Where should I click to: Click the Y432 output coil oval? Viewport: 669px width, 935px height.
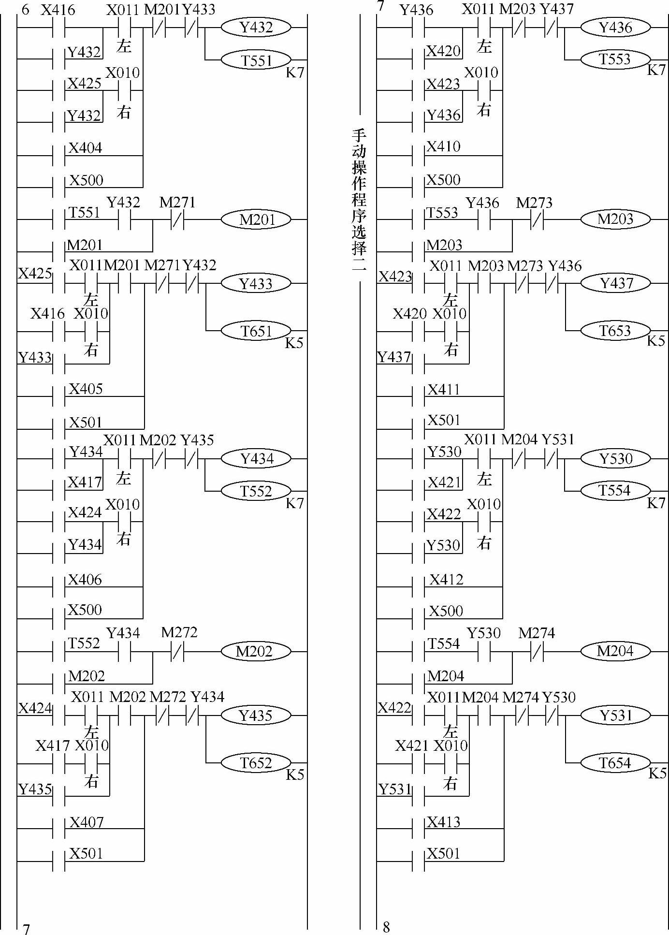click(256, 28)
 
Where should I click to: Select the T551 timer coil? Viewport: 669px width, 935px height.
click(256, 60)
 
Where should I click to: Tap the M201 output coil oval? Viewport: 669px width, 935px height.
click(256, 220)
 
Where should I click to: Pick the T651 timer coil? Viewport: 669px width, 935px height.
click(256, 331)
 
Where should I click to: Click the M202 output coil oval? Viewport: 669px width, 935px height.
click(256, 652)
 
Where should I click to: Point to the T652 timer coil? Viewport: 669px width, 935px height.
click(256, 763)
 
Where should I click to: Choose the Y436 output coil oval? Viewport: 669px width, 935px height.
click(615, 28)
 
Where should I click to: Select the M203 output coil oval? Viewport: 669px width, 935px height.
click(615, 219)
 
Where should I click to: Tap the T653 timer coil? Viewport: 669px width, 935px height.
click(615, 331)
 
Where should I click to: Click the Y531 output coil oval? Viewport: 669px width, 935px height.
click(615, 715)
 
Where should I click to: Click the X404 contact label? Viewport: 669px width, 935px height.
click(85, 148)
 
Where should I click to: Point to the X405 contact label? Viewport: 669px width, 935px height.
click(86, 389)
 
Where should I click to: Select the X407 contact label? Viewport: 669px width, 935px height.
click(87, 822)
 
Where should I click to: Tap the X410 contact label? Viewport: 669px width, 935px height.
click(443, 146)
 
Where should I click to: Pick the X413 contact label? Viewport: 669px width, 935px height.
click(444, 822)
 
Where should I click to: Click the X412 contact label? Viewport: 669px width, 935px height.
click(446, 579)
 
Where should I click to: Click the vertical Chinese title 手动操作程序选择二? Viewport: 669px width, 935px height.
click(359, 199)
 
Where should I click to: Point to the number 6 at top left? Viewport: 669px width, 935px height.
click(25, 9)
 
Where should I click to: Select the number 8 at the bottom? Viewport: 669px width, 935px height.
click(386, 927)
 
